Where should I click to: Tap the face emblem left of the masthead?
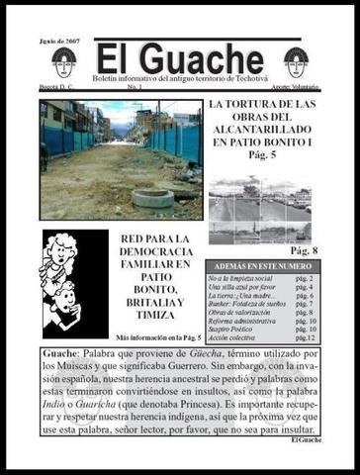click(65, 61)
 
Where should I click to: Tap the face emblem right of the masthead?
click(296, 61)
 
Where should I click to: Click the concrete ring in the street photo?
click(153, 197)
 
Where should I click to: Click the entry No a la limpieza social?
click(240, 280)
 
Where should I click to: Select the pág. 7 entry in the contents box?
click(305, 305)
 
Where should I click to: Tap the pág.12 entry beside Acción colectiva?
click(305, 338)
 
